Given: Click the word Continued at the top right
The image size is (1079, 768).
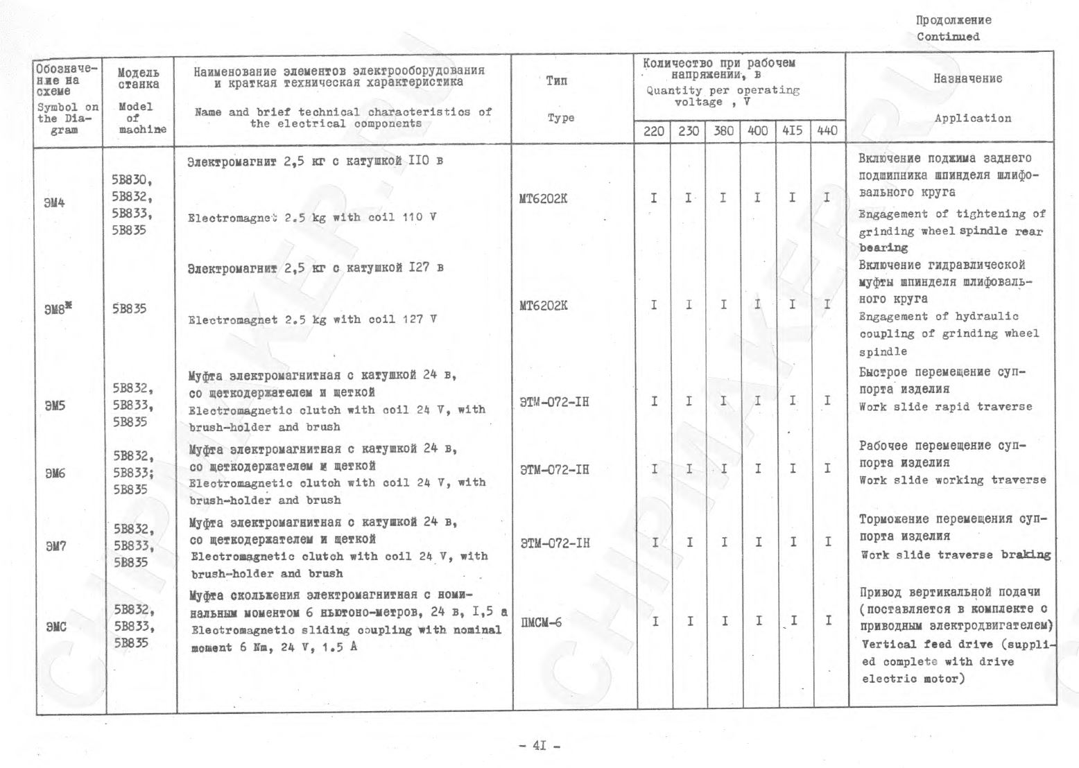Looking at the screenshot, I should coord(948,37).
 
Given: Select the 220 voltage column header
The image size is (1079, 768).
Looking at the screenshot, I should coord(653,130).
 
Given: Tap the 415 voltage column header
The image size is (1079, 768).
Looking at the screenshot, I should coord(792,130).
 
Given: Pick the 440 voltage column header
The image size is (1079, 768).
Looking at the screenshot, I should coord(827,130).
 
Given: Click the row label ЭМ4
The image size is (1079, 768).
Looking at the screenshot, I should coord(55,204).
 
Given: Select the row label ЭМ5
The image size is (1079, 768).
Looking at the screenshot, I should coord(55,405).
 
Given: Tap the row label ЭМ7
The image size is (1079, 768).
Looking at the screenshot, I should coord(55,546).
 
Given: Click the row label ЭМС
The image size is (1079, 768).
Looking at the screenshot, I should coord(56,627).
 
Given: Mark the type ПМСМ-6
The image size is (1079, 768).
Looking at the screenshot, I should coord(541,622).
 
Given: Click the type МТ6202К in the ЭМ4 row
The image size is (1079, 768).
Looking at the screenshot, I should coord(543,200).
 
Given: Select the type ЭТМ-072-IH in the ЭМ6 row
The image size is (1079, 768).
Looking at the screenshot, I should coord(555,470).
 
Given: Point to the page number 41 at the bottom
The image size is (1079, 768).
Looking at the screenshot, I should coord(539,746).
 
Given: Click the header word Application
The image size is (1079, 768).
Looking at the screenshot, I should coord(972,119).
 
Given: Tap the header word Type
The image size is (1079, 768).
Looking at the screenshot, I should coord(560,118).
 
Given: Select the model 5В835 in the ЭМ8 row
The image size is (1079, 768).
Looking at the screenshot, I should coord(129,309).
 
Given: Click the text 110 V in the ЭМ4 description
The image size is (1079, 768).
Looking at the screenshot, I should coord(420,217).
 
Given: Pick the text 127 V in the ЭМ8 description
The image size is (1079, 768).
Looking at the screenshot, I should coord(420,320).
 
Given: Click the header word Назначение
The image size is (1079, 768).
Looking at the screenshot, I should coord(967,79).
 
